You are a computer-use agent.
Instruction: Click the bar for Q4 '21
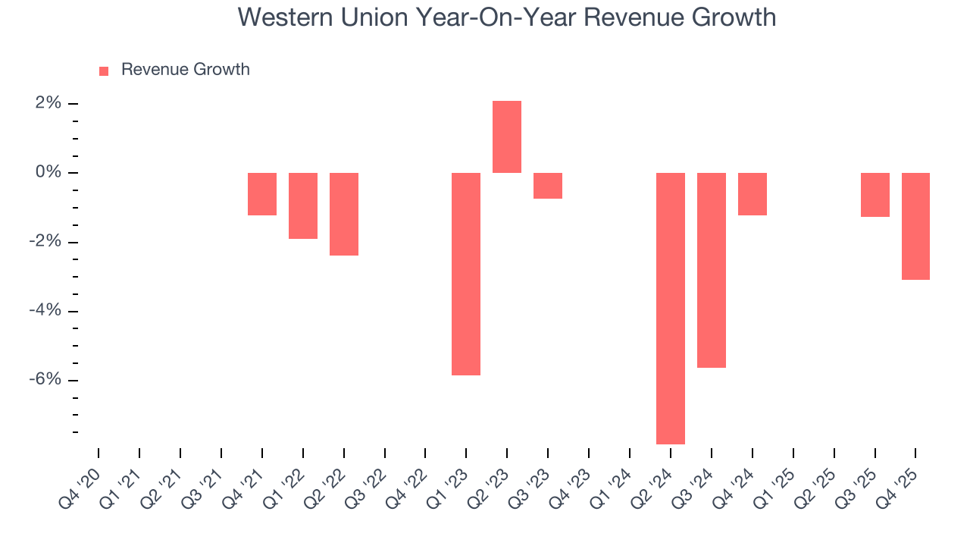pos(262,194)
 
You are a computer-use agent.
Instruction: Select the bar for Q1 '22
pos(303,206)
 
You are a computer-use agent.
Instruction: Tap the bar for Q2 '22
pos(344,214)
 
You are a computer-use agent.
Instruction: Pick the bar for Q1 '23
pos(466,274)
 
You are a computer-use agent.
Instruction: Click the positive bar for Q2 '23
pos(507,137)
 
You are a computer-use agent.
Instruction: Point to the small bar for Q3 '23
pos(548,186)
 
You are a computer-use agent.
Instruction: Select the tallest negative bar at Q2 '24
pos(671,308)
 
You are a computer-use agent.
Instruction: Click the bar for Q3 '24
pos(712,270)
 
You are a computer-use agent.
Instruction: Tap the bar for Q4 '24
pos(753,194)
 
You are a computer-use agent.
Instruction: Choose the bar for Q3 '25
pos(875,195)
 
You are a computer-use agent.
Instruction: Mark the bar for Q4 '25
pos(915,226)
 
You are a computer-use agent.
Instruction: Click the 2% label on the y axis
pos(48,103)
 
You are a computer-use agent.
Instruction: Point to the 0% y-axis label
pos(48,173)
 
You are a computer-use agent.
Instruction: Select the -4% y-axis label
pos(45,311)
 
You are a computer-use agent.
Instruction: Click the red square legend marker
pos(104,71)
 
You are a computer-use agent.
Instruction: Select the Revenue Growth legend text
pos(185,70)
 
